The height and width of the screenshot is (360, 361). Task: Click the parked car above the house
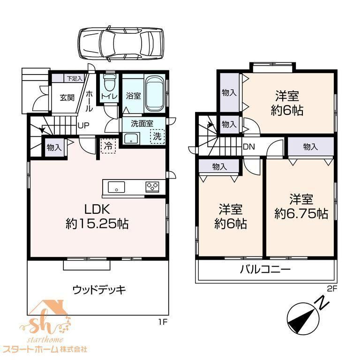(121, 44)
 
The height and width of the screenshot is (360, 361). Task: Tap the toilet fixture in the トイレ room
(109, 82)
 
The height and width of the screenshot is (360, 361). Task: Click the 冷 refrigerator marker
(108, 145)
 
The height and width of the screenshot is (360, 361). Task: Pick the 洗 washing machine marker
(157, 136)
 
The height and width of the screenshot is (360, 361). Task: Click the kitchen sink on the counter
(116, 187)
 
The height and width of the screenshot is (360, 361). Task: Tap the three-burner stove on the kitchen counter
(152, 187)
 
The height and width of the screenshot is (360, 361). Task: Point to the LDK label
(97, 210)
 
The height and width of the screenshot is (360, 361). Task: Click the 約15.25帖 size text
(97, 224)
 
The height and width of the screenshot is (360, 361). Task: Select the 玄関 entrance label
(67, 97)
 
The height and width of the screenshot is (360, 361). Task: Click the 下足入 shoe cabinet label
(75, 78)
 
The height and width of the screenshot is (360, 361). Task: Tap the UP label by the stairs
(83, 126)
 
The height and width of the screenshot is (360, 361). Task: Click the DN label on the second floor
(249, 147)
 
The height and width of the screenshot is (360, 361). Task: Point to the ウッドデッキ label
(99, 290)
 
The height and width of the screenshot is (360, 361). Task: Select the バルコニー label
(265, 269)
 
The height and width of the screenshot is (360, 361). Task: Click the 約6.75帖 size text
(301, 214)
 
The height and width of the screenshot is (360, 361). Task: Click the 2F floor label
(332, 289)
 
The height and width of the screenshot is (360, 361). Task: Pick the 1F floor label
(163, 322)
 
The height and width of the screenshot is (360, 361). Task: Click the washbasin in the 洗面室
(131, 139)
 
